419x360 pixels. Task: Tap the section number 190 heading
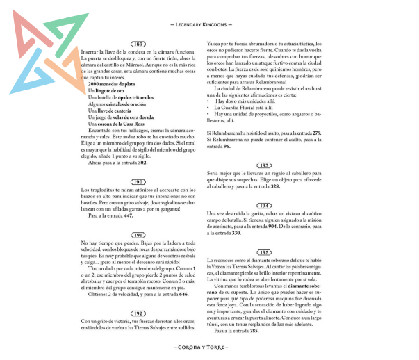[x=140, y=182]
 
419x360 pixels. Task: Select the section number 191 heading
[x=140, y=235]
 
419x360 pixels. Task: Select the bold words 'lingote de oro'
[x=110, y=91]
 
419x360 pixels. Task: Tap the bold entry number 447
[x=129, y=215]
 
